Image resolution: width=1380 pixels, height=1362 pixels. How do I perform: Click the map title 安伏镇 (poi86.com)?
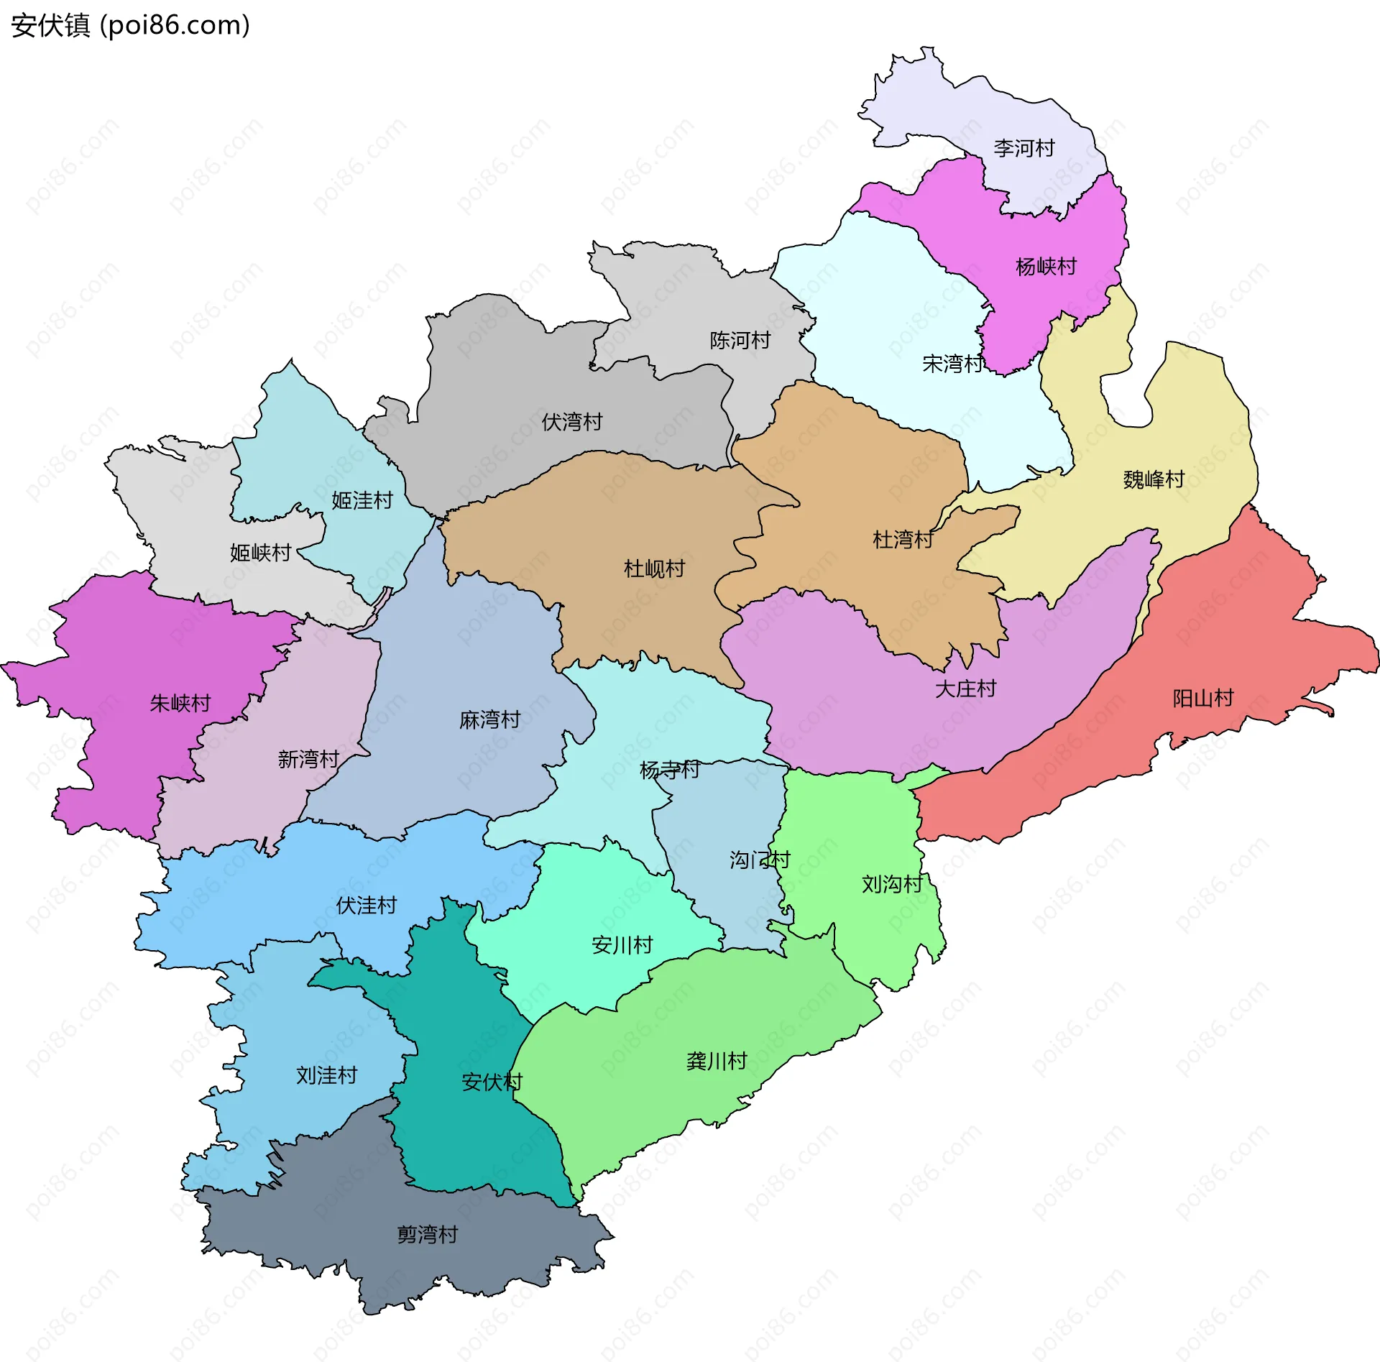point(130,25)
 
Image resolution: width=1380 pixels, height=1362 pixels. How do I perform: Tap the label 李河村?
point(1023,148)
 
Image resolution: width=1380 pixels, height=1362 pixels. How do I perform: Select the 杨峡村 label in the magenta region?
point(1046,267)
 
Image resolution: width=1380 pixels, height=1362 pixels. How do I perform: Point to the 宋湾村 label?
point(952,364)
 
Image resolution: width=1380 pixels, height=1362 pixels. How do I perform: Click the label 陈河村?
point(740,340)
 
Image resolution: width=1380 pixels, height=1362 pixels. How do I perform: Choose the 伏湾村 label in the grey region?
point(571,422)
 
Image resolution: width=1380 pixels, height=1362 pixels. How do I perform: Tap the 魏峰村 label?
point(1154,479)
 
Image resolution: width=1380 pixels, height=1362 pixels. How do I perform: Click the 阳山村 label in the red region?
point(1202,698)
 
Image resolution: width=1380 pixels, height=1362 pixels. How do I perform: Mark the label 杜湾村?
point(903,539)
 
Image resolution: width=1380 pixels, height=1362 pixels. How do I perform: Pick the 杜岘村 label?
point(654,569)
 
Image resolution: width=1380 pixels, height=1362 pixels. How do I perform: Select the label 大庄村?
point(965,689)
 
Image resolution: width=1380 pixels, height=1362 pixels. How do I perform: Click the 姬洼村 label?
point(362,500)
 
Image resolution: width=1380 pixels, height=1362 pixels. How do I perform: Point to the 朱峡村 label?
point(180,703)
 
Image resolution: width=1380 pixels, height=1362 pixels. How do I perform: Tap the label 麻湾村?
point(489,719)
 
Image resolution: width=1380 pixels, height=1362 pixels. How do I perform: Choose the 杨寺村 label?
point(669,770)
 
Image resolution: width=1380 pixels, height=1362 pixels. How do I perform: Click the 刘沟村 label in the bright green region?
point(892,884)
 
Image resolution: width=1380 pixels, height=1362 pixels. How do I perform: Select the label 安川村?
point(622,945)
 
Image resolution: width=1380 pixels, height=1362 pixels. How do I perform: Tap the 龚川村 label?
point(717,1061)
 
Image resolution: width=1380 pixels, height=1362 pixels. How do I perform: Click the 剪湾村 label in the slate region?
point(428,1235)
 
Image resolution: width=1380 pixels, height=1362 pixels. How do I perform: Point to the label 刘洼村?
point(326,1075)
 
